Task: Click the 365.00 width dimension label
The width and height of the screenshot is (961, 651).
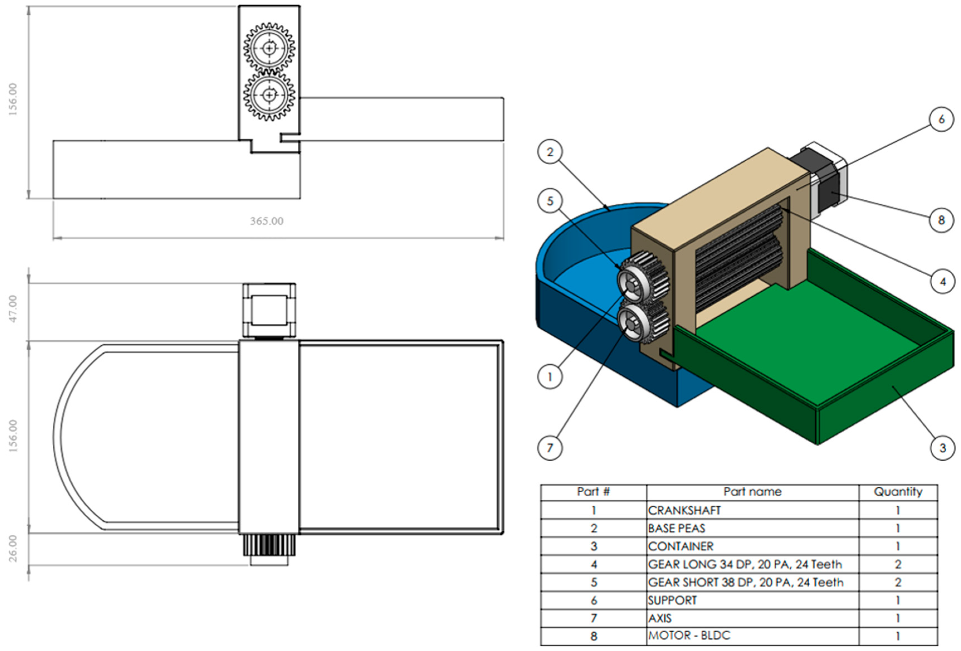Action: click(x=266, y=221)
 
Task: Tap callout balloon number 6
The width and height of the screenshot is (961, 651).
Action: click(x=941, y=119)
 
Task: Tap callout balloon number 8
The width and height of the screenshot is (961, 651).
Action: click(x=941, y=220)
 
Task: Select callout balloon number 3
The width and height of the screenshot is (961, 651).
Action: click(x=942, y=448)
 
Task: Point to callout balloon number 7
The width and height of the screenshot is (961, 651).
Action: click(x=549, y=448)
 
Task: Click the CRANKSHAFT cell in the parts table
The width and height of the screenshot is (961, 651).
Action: click(x=684, y=510)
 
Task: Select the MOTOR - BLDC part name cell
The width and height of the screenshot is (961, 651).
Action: click(x=689, y=635)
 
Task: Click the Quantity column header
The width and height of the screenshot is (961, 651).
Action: click(x=898, y=492)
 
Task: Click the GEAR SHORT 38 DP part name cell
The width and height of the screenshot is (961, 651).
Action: click(x=745, y=582)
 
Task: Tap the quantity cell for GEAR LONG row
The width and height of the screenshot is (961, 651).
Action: click(x=898, y=564)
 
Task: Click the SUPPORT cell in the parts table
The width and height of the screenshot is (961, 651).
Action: click(x=673, y=600)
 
